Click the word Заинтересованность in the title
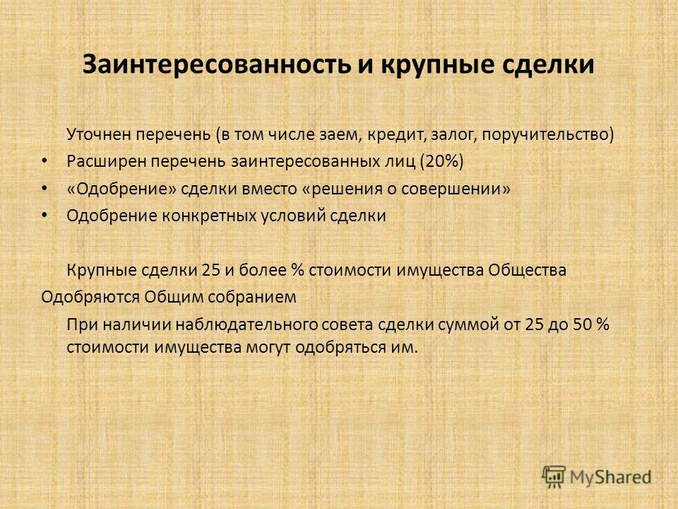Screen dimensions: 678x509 pyautogui.click(x=216, y=64)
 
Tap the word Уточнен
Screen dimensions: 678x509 pyautogui.click(x=99, y=134)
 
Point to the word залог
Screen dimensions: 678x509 pyautogui.click(x=450, y=135)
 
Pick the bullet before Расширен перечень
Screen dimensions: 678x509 pyautogui.click(x=44, y=161)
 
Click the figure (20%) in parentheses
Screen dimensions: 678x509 pyautogui.click(x=441, y=161)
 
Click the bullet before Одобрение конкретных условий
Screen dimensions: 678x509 pyautogui.click(x=44, y=215)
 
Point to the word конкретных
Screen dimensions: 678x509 pyautogui.click(x=209, y=216)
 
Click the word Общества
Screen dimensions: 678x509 pyautogui.click(x=527, y=270)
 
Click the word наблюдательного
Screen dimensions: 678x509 pyautogui.click(x=246, y=324)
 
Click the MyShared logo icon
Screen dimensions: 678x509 pyautogui.click(x=554, y=477)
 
